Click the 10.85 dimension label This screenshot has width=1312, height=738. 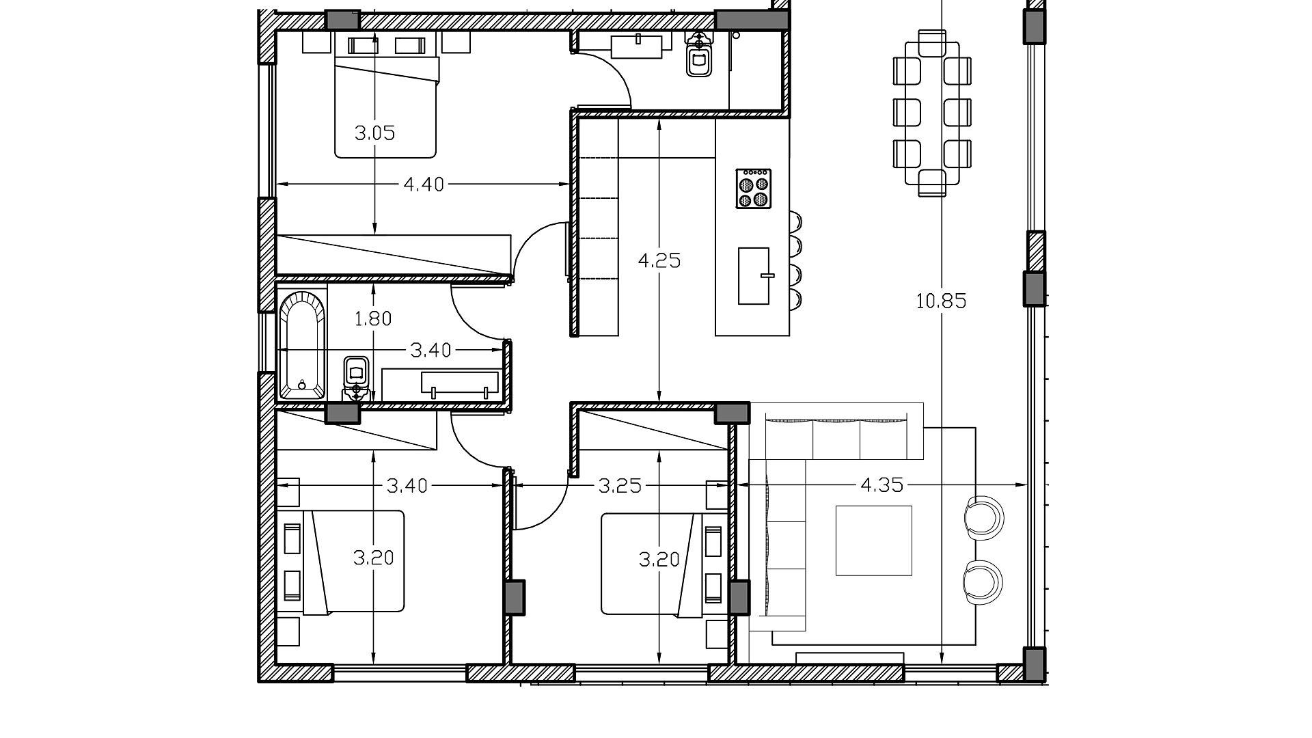[941, 301]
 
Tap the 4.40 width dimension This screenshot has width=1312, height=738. [424, 184]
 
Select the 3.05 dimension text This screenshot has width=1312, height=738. [374, 133]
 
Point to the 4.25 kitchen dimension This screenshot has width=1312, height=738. [659, 260]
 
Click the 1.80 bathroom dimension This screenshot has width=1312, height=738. [373, 318]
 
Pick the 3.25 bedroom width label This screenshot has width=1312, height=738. [620, 486]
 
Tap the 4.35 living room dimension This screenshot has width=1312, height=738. [881, 485]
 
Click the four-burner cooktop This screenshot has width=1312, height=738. [754, 189]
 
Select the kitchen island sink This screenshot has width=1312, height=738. [754, 276]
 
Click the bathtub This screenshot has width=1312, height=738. [302, 345]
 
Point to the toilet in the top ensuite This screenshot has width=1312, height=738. [698, 55]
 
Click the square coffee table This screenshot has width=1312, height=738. [874, 541]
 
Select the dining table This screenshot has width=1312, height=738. [932, 113]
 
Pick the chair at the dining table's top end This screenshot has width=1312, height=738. [932, 42]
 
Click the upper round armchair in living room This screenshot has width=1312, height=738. [984, 517]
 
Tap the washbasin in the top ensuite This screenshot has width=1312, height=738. [637, 46]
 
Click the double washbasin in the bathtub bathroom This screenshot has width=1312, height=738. [460, 383]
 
